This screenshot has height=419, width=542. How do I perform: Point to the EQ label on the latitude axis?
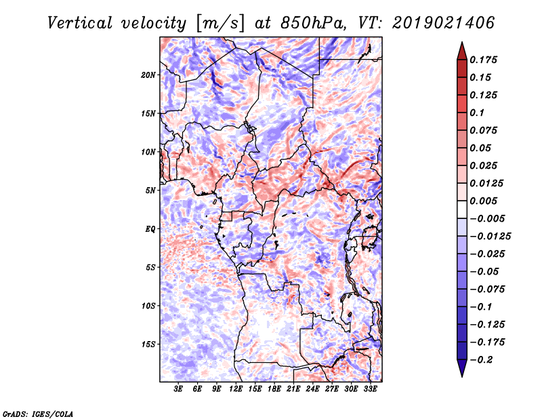pos(150,229)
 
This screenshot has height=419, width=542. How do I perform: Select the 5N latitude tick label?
pos(150,191)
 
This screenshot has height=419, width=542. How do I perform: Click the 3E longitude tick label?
pos(179,390)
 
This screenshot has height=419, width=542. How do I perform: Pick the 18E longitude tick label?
pos(274,390)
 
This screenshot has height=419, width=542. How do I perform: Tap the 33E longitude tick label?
pos(370,390)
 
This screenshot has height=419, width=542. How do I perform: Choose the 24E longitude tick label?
pos(312,390)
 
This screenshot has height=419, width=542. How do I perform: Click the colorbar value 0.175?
pos(485,60)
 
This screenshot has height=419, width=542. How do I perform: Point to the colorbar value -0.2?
pos(482,359)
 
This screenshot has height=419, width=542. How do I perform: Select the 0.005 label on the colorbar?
pos(485,201)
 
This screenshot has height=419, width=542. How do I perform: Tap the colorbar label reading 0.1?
pos(479,113)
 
